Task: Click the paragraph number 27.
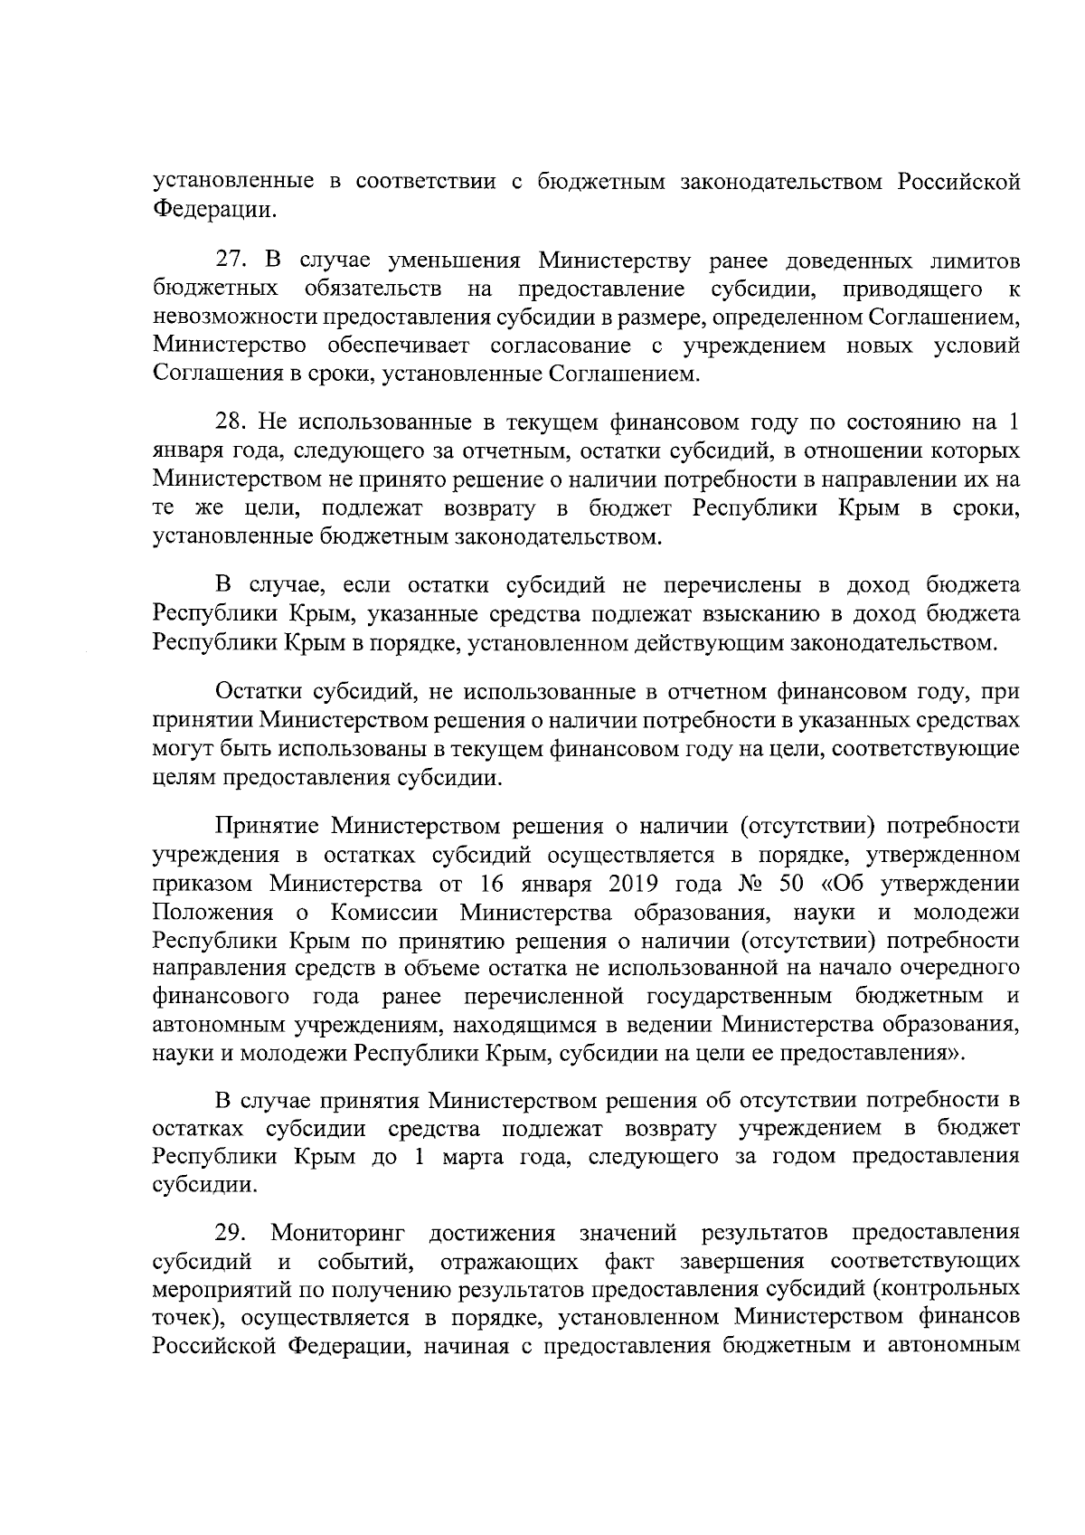pos(231,261)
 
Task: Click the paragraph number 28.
pos(231,422)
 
